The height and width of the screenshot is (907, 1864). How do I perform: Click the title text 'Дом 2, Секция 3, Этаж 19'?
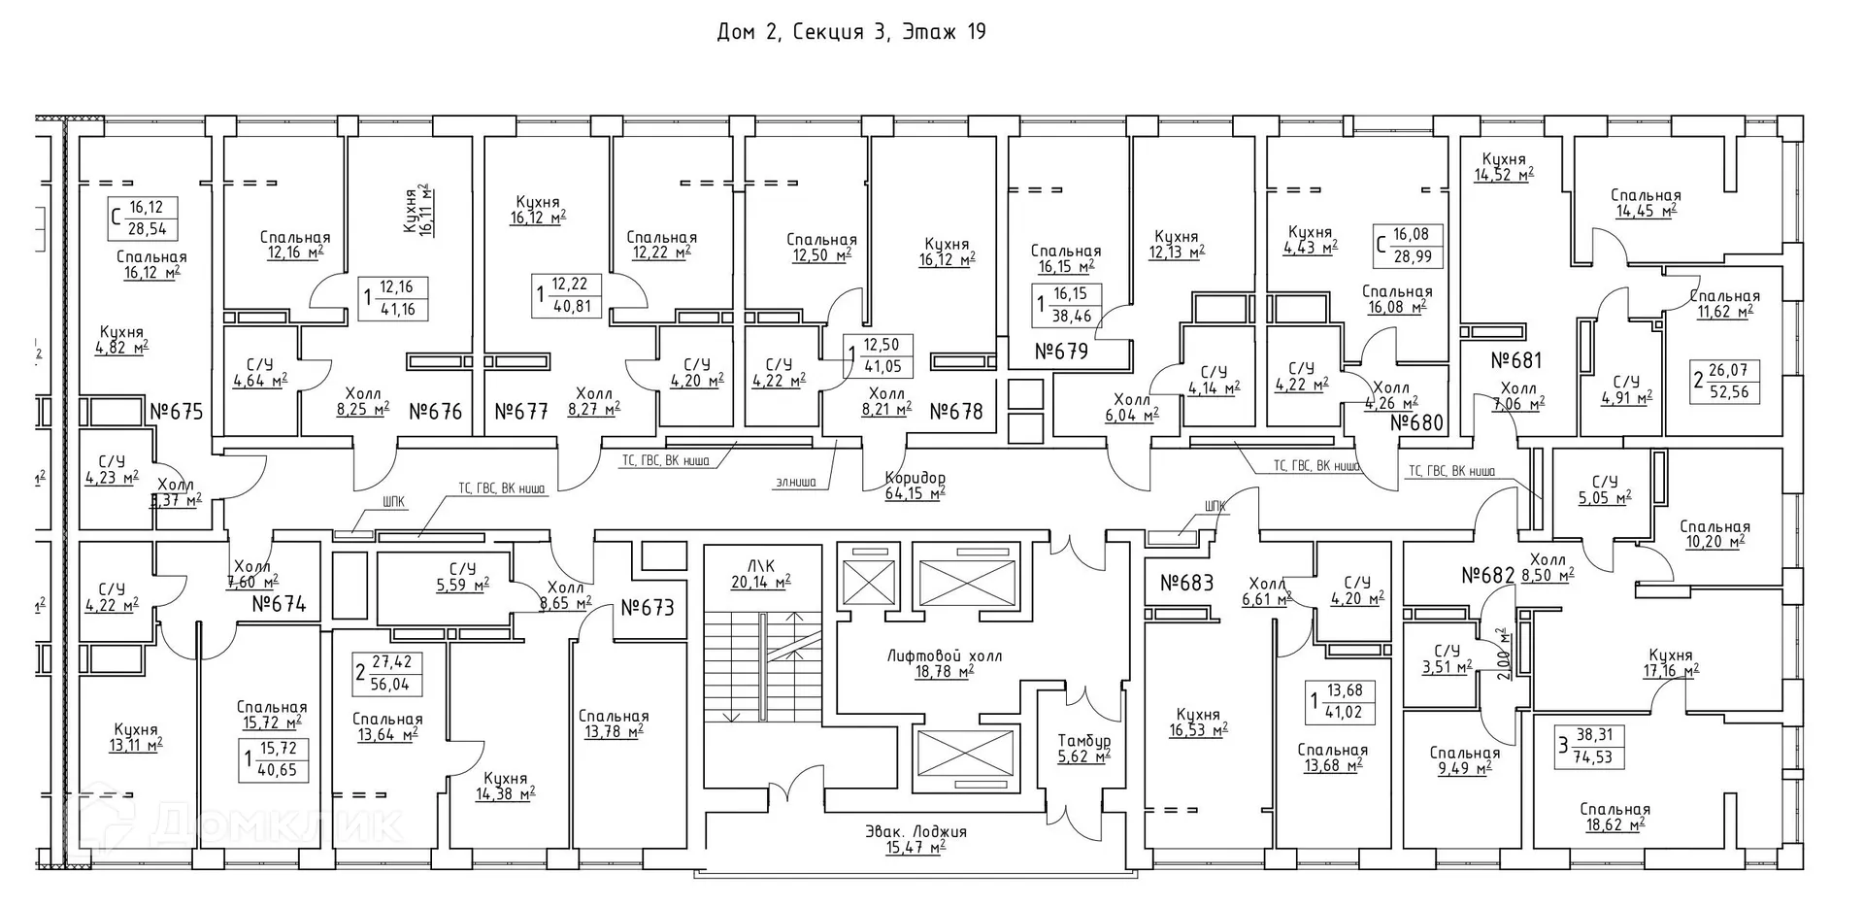click(x=850, y=32)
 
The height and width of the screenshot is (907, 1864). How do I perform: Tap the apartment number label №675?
click(x=177, y=412)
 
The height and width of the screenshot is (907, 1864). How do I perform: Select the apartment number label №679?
click(x=1061, y=352)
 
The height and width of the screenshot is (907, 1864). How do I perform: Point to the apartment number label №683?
click(x=1186, y=584)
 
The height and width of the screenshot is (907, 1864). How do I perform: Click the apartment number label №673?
click(x=647, y=608)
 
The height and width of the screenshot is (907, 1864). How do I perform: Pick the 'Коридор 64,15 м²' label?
click(x=915, y=486)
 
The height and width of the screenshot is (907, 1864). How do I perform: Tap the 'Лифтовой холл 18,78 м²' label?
click(x=930, y=663)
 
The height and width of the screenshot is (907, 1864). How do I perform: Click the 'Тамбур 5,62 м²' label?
click(x=1083, y=748)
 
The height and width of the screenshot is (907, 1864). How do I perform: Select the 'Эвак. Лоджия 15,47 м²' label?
click(x=915, y=839)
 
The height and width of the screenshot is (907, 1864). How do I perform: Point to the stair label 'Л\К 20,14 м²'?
click(x=760, y=574)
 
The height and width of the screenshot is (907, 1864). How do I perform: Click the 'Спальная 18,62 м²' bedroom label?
click(x=1614, y=817)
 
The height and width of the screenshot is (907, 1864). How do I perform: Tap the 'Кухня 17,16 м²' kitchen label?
click(x=1670, y=662)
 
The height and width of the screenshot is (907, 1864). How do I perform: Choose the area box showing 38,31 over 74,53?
click(x=1589, y=746)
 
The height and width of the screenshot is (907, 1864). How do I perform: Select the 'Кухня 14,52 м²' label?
click(x=1504, y=167)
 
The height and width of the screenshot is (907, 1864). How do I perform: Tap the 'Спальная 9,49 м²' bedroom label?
click(x=1464, y=760)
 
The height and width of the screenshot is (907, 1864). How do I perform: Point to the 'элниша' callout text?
click(x=796, y=482)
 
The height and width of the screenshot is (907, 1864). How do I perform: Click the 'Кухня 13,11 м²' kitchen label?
click(x=135, y=737)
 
